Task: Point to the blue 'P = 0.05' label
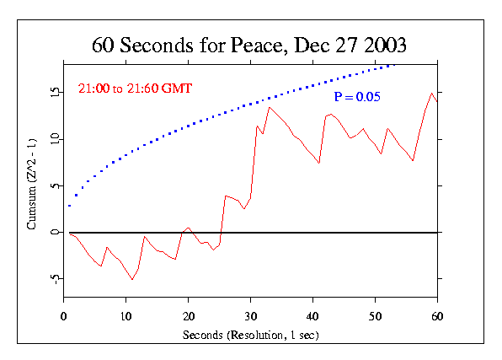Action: click(x=357, y=98)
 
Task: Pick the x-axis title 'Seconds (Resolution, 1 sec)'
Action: click(x=250, y=335)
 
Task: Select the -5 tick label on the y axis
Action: click(x=52, y=278)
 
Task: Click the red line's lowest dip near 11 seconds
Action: click(x=132, y=279)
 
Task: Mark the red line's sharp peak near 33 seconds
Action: click(x=270, y=107)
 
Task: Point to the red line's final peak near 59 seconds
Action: click(x=431, y=93)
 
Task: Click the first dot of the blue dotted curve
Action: click(x=70, y=205)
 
